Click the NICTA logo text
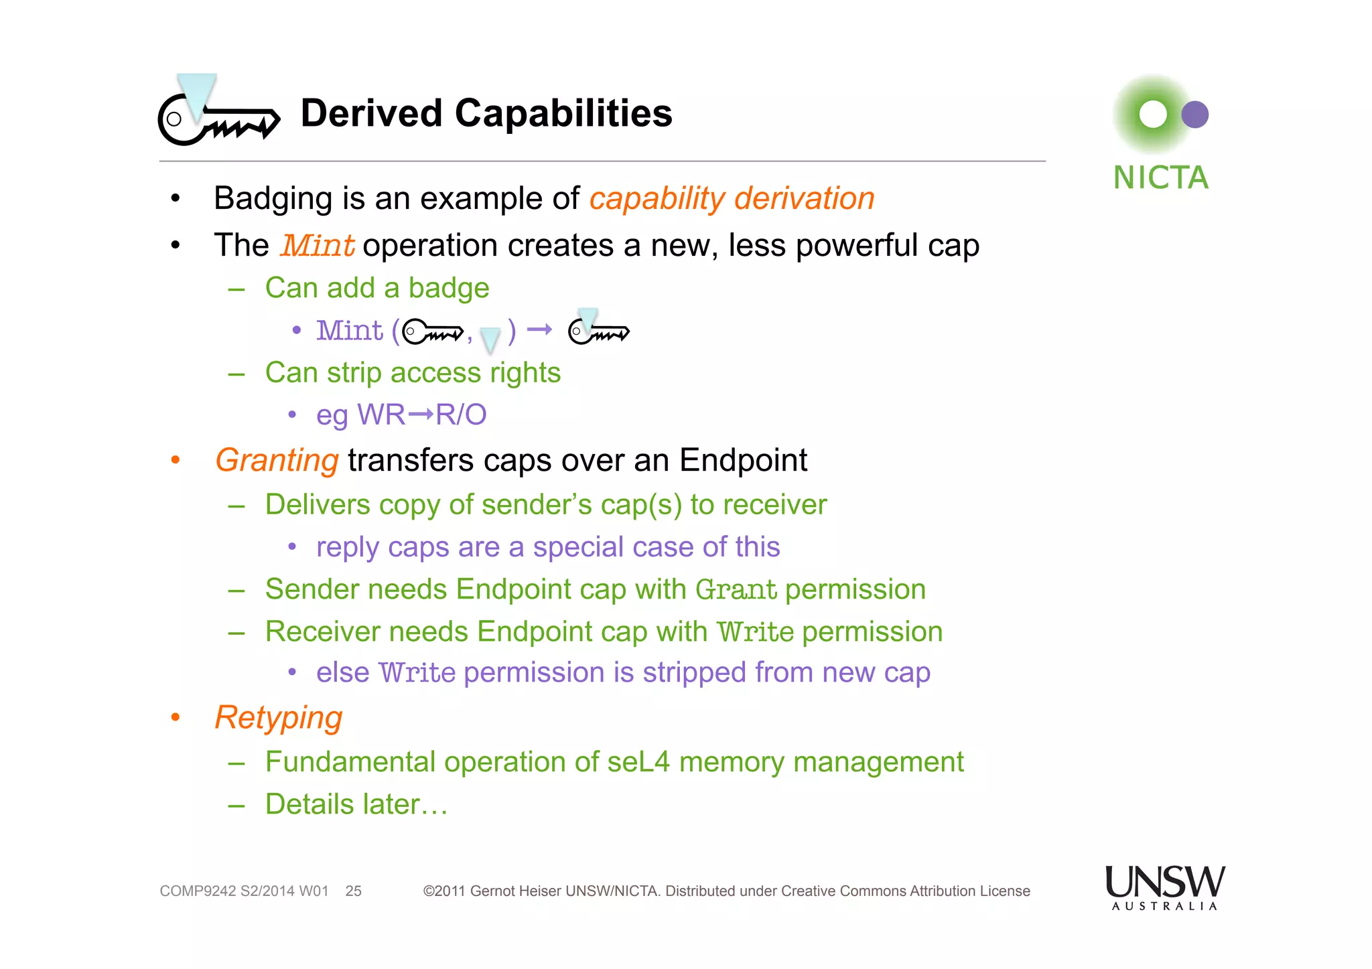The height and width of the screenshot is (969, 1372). point(1160,178)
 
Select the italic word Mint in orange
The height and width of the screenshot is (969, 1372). point(317,246)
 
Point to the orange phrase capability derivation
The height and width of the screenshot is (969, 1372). point(732,199)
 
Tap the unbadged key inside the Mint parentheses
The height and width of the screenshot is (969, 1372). point(433,331)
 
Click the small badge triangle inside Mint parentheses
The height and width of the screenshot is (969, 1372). point(490,339)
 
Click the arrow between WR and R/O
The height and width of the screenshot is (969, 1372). point(420,415)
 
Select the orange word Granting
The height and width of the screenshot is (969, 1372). point(277,461)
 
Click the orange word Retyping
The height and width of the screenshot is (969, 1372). point(278,718)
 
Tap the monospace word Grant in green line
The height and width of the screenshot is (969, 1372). point(736,590)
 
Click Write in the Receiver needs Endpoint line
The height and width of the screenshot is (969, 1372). point(755,632)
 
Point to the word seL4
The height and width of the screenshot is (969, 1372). point(638,762)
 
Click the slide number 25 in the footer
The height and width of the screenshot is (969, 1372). point(353,891)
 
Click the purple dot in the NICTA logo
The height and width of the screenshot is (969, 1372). point(1194,115)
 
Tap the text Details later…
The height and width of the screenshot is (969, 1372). point(356,804)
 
